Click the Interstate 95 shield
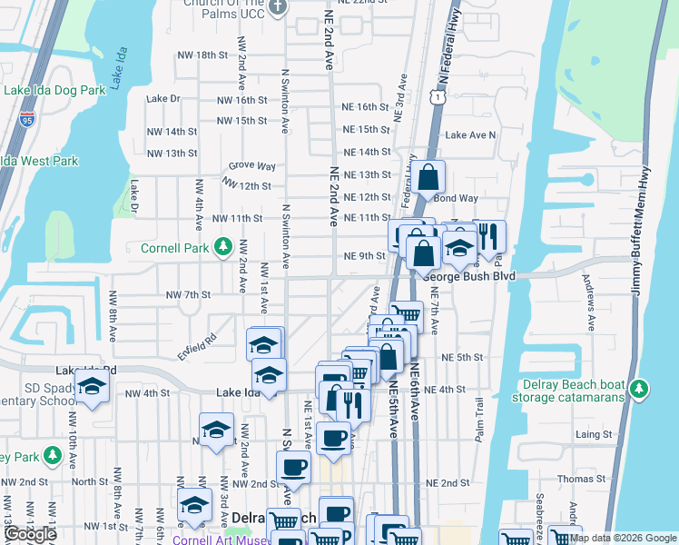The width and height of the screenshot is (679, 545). pos(26,118)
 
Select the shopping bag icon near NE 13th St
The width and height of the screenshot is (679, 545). pos(431,177)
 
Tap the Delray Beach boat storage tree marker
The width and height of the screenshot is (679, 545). pos(640,389)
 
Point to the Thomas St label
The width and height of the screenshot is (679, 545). pos(580,479)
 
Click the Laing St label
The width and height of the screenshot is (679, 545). pos(594,435)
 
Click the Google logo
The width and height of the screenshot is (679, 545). pos(30,534)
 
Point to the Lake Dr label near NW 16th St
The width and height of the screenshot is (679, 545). pos(163,98)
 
